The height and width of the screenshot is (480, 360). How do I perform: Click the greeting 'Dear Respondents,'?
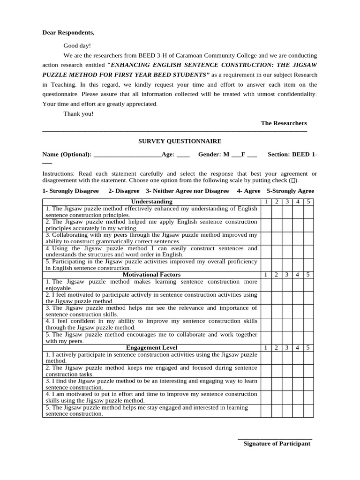tap(68, 32)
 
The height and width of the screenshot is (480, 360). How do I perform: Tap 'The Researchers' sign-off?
tap(284, 123)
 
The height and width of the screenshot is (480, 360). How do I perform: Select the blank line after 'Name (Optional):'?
tap(127, 155)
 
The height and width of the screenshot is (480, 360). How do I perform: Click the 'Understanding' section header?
tap(151, 202)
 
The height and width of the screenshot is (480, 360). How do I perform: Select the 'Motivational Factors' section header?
tap(151, 275)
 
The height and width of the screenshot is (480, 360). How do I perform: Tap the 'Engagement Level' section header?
tap(151, 348)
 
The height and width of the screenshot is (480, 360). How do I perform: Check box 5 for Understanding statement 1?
tap(308, 211)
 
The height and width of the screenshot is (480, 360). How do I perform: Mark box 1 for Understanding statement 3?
tap(266, 238)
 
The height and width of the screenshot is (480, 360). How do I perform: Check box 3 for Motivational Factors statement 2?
tap(287, 298)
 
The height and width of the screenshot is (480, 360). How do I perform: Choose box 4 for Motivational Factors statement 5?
tap(297, 337)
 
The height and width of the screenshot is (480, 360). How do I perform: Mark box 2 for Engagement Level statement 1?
tap(277, 358)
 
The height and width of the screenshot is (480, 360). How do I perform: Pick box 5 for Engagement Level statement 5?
tap(308, 411)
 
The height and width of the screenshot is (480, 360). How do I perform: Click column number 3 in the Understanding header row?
tap(287, 202)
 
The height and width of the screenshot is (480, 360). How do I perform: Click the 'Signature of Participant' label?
tap(277, 443)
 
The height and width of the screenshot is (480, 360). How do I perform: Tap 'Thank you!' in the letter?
tap(78, 114)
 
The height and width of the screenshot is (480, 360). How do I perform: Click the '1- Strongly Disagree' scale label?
tap(70, 191)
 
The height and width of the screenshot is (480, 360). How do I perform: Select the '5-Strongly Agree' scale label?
tap(290, 191)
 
